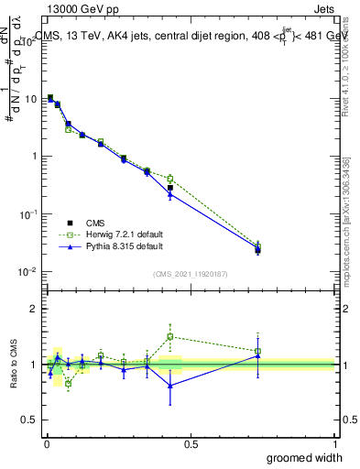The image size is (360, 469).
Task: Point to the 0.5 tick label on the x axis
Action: pyautogui.click(x=191, y=443)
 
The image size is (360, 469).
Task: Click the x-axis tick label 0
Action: pyautogui.click(x=47, y=443)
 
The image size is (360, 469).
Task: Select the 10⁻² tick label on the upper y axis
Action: pyautogui.click(x=27, y=272)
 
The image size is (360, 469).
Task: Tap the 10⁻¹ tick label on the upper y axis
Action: pyautogui.click(x=27, y=214)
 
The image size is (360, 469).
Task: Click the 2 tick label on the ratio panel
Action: pyautogui.click(x=34, y=309)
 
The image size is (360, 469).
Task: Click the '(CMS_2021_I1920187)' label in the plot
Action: pyautogui.click(x=191, y=273)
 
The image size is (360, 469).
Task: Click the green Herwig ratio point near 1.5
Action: pyautogui.click(x=170, y=336)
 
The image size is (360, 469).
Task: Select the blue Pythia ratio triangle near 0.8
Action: pyautogui.click(x=170, y=386)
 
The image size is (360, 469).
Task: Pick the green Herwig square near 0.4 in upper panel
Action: pyautogui.click(x=170, y=178)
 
